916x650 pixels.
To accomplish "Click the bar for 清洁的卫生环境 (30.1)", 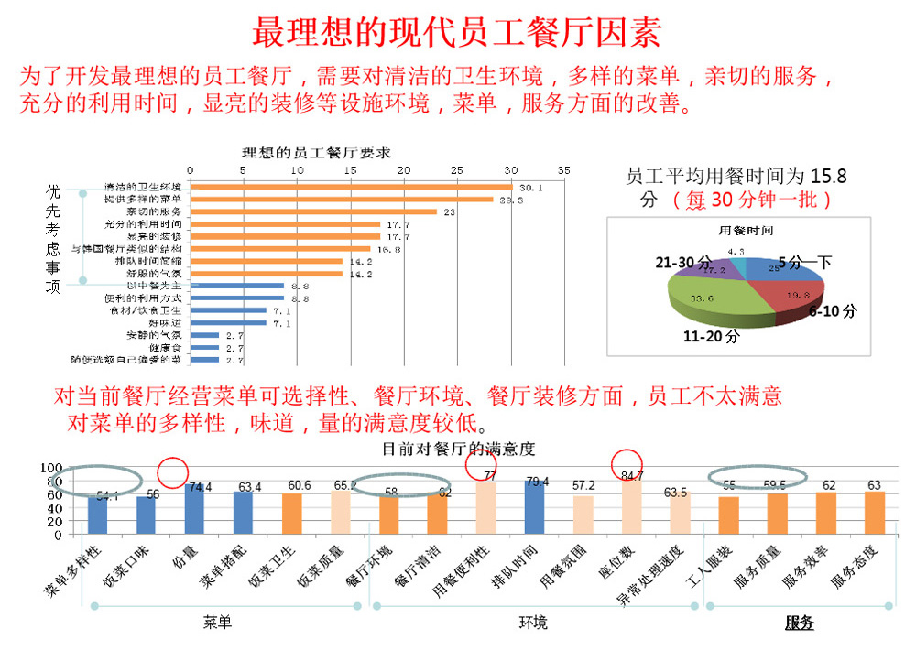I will [x=348, y=187].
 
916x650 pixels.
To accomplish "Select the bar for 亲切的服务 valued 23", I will [x=311, y=211].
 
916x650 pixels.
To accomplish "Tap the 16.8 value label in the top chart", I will [x=385, y=248].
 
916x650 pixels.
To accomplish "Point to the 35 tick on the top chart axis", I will [x=563, y=170].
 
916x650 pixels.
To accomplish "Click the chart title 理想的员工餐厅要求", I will [x=316, y=152].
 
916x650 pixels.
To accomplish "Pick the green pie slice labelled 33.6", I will [x=705, y=298].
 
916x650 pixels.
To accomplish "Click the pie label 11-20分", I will [x=711, y=336].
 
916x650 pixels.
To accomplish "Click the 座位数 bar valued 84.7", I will [x=631, y=505].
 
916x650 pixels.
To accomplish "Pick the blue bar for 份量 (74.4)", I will [x=194, y=509].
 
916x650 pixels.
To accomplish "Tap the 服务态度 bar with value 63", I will [x=874, y=513].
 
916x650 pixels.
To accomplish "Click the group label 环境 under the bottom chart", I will [x=533, y=623].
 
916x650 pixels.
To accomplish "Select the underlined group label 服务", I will [x=799, y=623].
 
